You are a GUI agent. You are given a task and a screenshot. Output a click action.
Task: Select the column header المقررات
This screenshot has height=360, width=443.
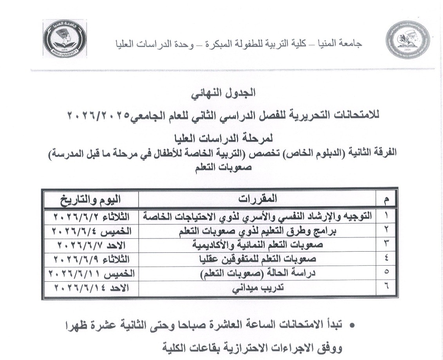point(258,200)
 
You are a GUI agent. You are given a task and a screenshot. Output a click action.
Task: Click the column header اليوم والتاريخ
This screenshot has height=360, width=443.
point(90,200)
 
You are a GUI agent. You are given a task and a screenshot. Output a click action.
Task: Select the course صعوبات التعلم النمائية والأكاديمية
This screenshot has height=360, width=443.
point(258,245)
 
